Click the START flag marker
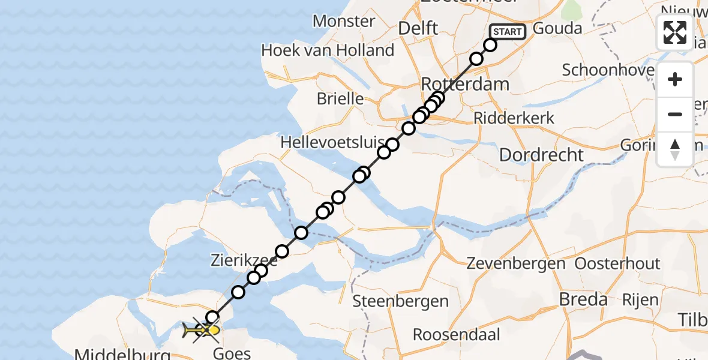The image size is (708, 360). pyautogui.click(x=508, y=32)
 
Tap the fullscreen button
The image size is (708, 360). pyautogui.click(x=675, y=32)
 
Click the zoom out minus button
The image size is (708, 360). pyautogui.click(x=675, y=114)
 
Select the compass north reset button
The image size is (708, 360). pyautogui.click(x=675, y=149)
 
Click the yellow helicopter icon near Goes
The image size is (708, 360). pyautogui.click(x=202, y=329)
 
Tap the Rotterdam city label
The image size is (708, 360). pyautogui.click(x=465, y=83)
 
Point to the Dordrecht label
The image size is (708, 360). pyautogui.click(x=541, y=155)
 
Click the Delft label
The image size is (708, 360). pyautogui.click(x=419, y=28)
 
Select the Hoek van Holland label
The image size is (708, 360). pyautogui.click(x=328, y=50)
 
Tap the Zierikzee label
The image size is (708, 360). pyautogui.click(x=244, y=260)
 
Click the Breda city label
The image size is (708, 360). pyautogui.click(x=583, y=299)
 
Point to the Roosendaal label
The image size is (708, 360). pyautogui.click(x=456, y=334)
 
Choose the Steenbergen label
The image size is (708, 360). pyautogui.click(x=400, y=301)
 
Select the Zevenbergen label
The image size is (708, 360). pyautogui.click(x=515, y=263)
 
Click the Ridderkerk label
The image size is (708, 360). pyautogui.click(x=514, y=118)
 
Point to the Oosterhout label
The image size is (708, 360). pyautogui.click(x=617, y=263)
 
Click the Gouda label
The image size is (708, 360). pyautogui.click(x=557, y=29)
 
